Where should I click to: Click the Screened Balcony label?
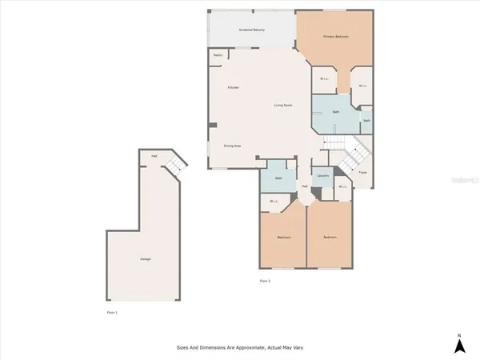click(252, 30)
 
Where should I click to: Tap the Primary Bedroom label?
click(335, 37)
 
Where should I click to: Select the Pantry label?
click(218, 55)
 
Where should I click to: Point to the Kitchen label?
click(233, 87)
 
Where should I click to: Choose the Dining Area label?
click(233, 146)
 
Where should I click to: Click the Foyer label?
click(362, 171)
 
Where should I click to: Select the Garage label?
click(146, 259)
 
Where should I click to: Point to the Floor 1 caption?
click(112, 311)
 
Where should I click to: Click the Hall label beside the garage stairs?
click(153, 157)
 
